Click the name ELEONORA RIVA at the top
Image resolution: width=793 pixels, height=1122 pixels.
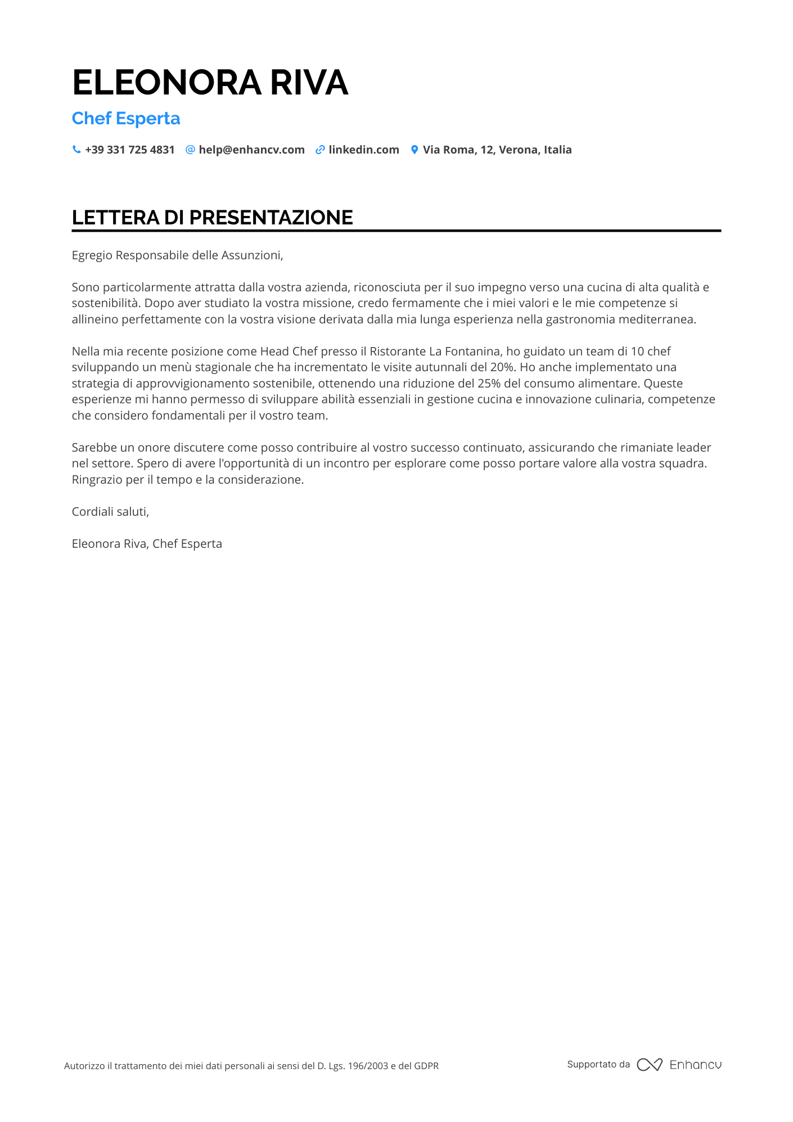coord(210,83)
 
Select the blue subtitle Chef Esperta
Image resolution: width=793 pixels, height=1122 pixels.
coord(126,119)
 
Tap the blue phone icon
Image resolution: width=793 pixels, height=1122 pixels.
coord(76,150)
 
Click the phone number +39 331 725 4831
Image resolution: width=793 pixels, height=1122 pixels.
coord(130,150)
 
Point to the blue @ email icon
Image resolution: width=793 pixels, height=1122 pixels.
coord(190,150)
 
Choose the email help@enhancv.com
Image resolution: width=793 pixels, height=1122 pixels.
coord(251,150)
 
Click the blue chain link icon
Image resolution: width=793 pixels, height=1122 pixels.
coord(320,150)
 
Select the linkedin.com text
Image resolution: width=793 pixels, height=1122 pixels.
coord(364,150)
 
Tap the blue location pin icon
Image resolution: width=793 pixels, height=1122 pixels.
coord(414,150)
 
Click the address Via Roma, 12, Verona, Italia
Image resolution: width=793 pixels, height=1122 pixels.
coord(497,150)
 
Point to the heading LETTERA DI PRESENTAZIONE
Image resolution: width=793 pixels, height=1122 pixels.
coord(212,218)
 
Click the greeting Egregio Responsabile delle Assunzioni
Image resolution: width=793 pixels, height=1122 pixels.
coord(177,255)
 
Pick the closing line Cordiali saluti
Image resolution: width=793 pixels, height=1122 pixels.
coord(110,512)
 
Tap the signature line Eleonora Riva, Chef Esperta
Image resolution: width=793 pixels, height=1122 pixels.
coord(147,544)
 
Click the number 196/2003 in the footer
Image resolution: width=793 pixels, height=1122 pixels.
coord(368,1066)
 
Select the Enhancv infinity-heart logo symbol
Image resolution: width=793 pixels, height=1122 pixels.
coord(650,1065)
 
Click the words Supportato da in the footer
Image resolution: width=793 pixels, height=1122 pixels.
coord(598,1064)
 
